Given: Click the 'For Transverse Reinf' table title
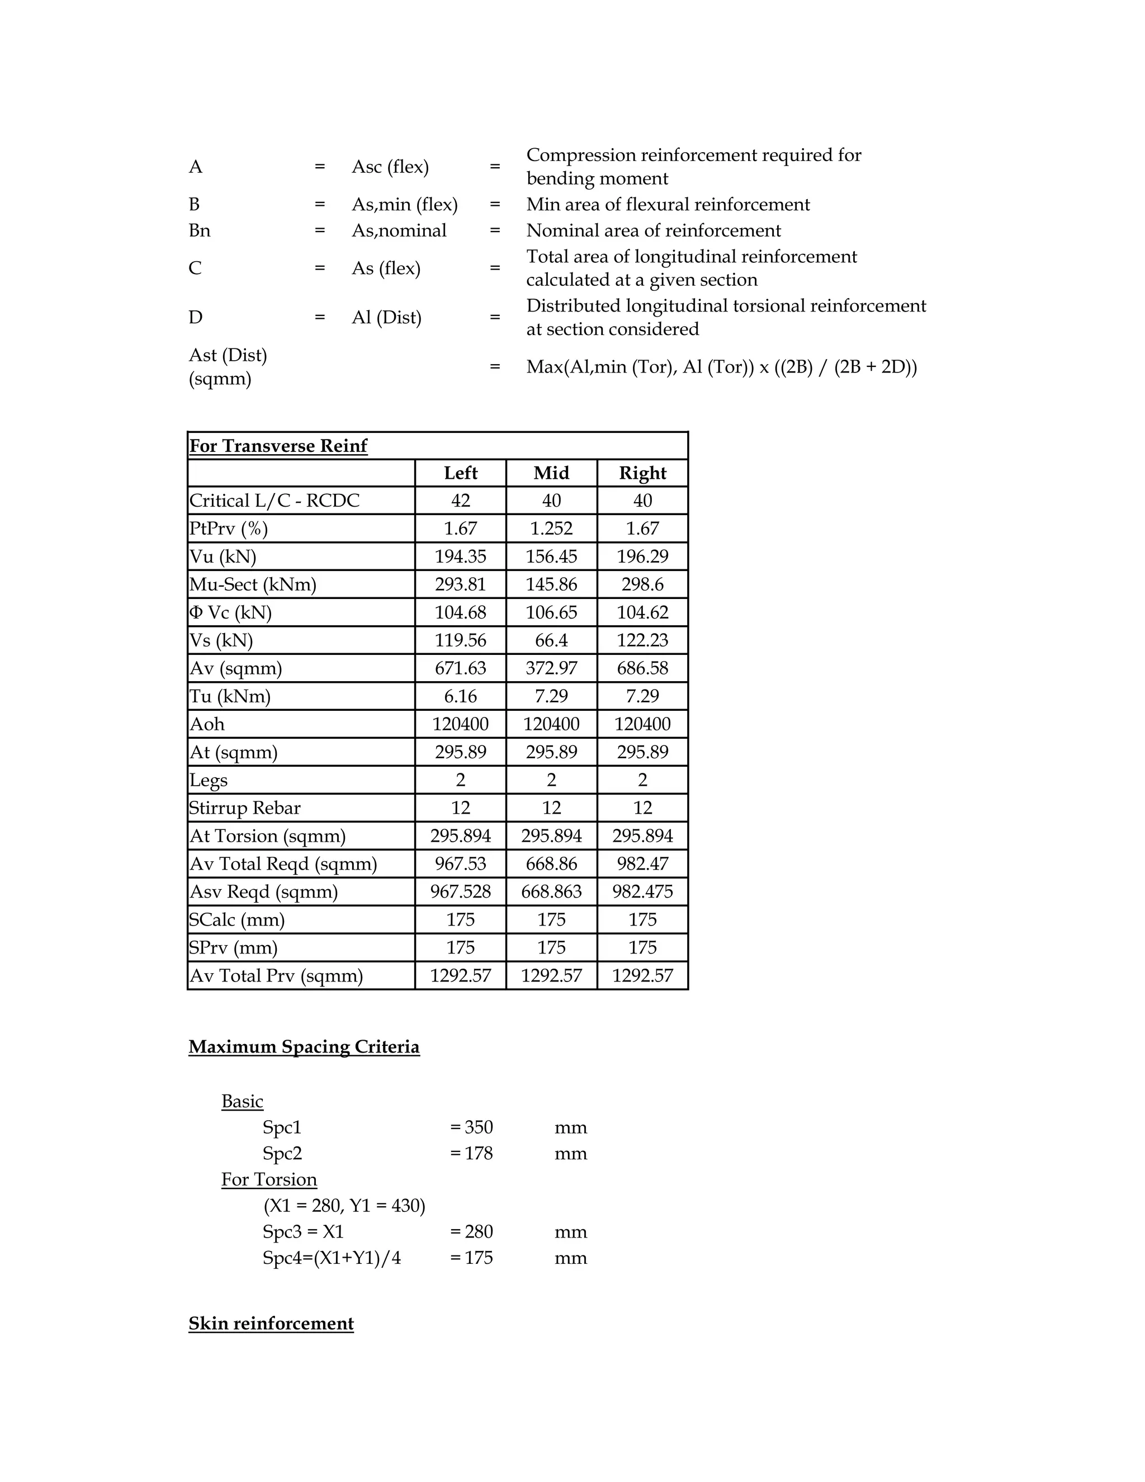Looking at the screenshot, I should click(x=278, y=446).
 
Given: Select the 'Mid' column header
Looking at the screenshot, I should click(x=551, y=473).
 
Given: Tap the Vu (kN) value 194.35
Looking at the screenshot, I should click(x=460, y=556).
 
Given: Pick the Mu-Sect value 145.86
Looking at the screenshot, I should click(x=551, y=584).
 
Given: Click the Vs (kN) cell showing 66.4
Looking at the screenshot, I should click(x=551, y=640).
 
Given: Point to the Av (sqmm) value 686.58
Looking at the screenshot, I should click(x=642, y=668).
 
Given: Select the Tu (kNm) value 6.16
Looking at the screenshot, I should click(x=460, y=696).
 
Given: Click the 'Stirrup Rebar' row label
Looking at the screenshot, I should click(x=244, y=808).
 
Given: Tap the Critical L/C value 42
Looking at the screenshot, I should click(x=460, y=501).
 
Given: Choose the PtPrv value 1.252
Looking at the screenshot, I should click(x=551, y=528).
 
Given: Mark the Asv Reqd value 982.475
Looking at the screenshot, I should click(x=642, y=891).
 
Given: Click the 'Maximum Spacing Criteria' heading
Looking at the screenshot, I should click(x=304, y=1047).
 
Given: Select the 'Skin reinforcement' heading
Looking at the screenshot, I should click(x=271, y=1324).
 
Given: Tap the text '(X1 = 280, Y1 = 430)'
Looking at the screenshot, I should click(x=344, y=1206).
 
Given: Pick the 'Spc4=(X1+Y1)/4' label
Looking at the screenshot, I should click(x=332, y=1258).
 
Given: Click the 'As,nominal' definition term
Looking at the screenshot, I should click(x=399, y=231).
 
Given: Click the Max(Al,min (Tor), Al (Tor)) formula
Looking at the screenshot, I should click(x=721, y=367).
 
